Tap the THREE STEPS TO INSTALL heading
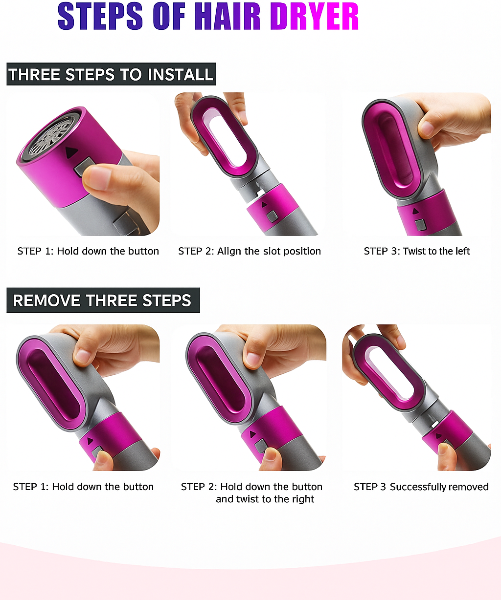111,74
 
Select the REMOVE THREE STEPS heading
102,300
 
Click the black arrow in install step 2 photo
264,205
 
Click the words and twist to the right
265,499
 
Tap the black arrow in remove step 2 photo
253,434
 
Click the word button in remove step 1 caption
138,487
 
